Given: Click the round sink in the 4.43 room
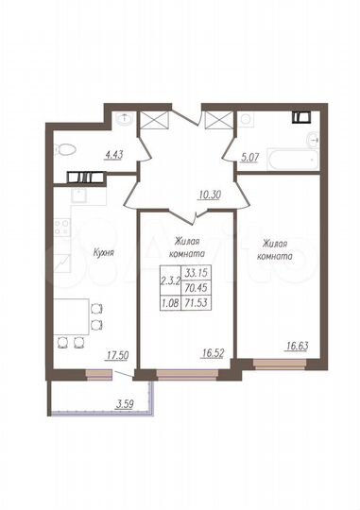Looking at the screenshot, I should (126, 119).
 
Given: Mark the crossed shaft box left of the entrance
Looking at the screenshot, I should (153, 121).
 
